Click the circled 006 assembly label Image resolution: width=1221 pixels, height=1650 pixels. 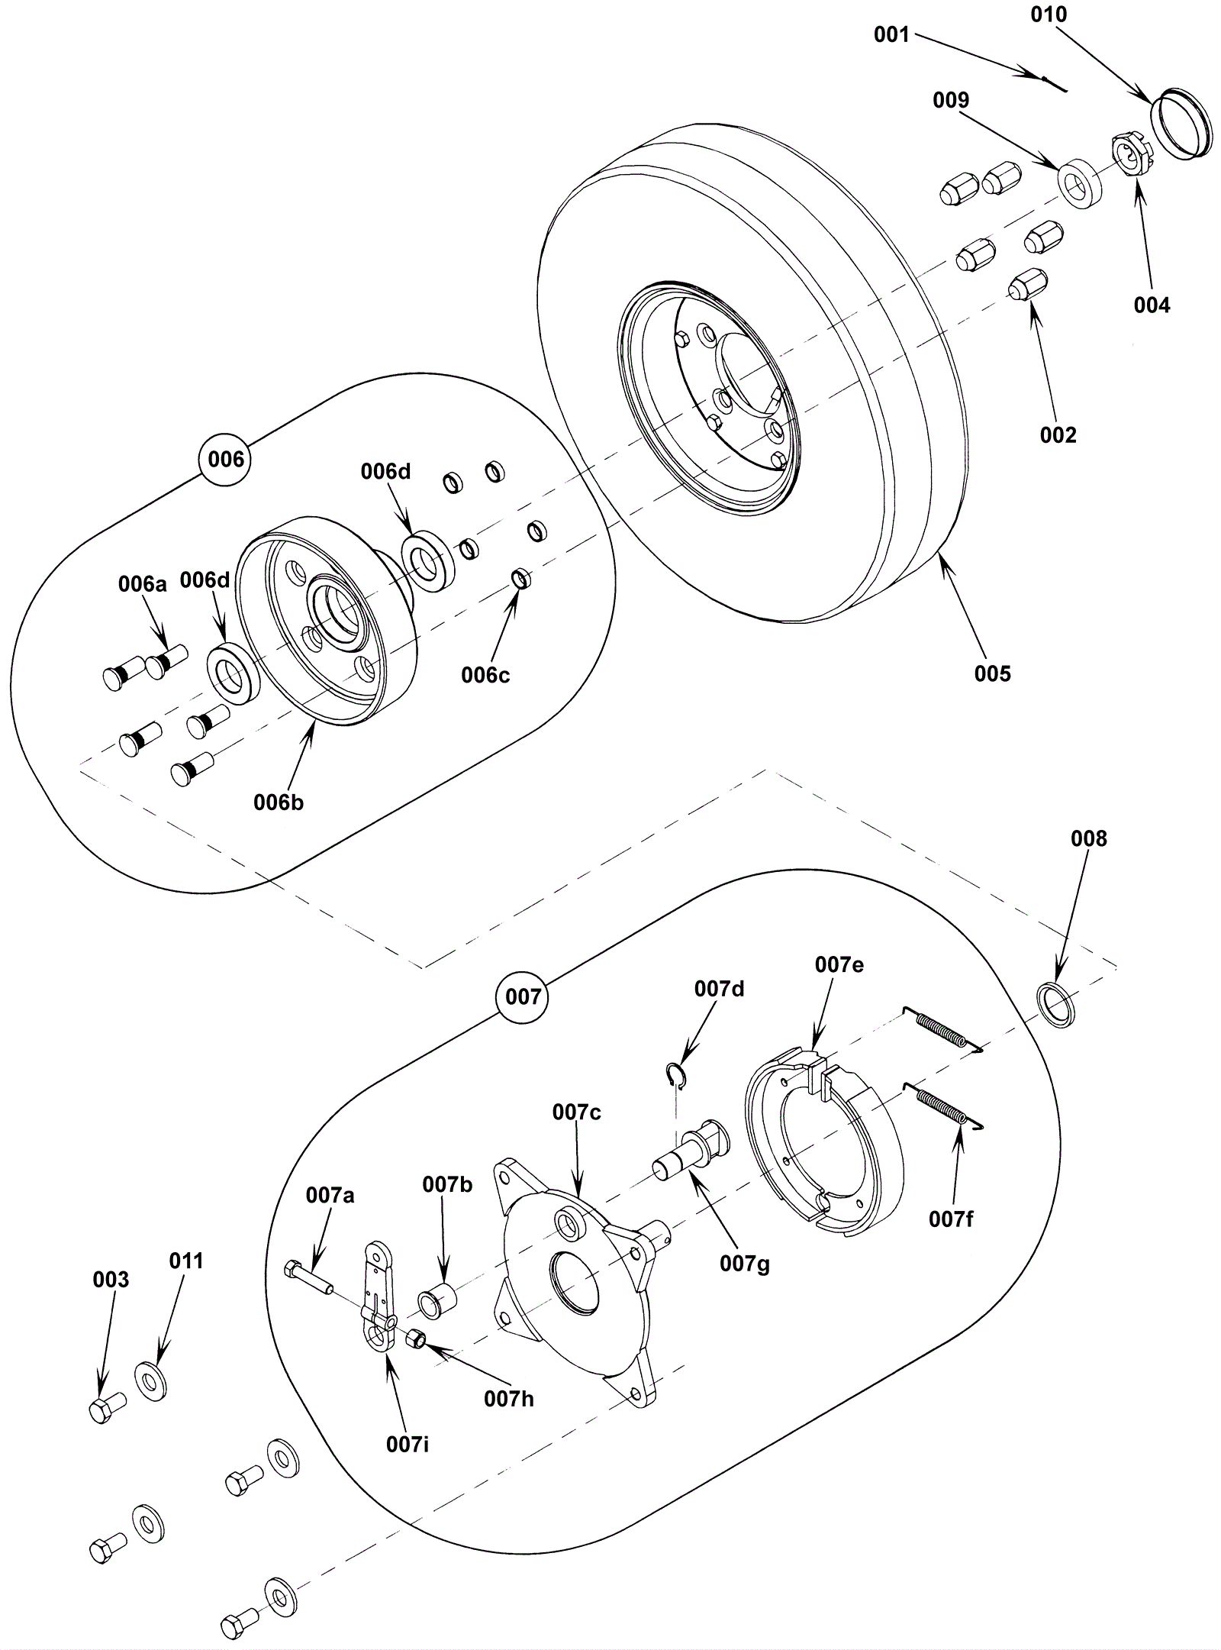click(x=226, y=459)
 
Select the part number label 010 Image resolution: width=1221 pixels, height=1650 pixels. click(x=1049, y=15)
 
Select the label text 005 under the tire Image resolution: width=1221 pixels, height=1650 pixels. click(x=992, y=673)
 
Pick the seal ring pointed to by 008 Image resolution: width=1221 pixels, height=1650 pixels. click(x=1058, y=1006)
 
